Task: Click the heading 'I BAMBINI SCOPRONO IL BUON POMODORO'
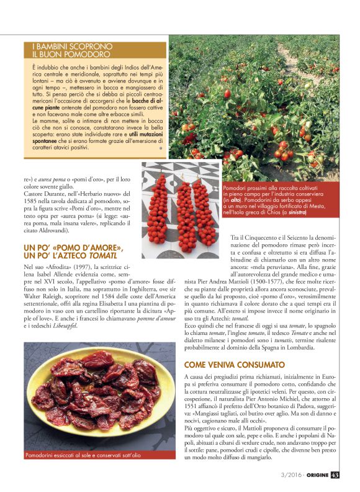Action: click(x=72, y=50)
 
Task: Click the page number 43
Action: click(x=335, y=477)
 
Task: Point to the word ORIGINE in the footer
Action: click(x=314, y=477)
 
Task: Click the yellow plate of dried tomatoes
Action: click(x=91, y=389)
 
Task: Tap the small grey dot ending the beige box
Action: click(x=161, y=148)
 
